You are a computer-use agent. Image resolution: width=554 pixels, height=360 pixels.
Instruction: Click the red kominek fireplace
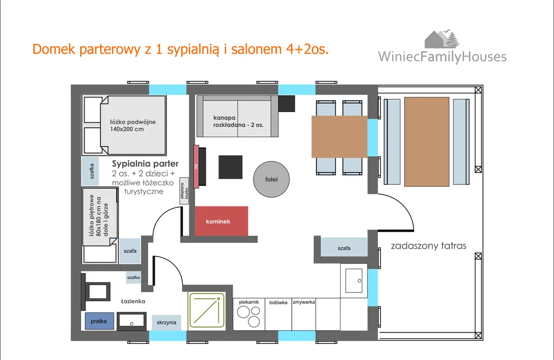[x=221, y=221]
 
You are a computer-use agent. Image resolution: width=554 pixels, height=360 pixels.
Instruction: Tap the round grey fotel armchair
[x=272, y=179]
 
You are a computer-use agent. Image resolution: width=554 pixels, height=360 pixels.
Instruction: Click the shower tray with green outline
[x=206, y=310]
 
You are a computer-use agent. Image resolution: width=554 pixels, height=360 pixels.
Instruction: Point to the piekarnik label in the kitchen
[x=249, y=302]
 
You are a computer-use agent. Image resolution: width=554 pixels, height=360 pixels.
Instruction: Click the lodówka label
[x=278, y=302]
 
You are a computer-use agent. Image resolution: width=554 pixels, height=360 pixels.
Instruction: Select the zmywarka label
[x=303, y=302]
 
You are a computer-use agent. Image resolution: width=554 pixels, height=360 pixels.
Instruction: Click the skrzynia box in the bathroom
[x=167, y=322]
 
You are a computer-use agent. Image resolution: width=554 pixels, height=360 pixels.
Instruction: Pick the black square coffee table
[x=230, y=167]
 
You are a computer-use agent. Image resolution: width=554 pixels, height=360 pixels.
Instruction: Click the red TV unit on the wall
[x=196, y=166]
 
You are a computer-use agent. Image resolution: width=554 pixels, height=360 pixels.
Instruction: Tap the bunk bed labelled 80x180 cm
[x=99, y=225]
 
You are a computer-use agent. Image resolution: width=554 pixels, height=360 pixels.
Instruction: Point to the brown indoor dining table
[x=340, y=137]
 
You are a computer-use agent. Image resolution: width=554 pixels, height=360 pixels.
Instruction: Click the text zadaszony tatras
[x=428, y=246]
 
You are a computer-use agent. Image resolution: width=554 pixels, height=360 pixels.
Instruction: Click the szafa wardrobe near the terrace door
[x=344, y=248]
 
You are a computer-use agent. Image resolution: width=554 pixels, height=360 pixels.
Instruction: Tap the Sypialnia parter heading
[x=145, y=163]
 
